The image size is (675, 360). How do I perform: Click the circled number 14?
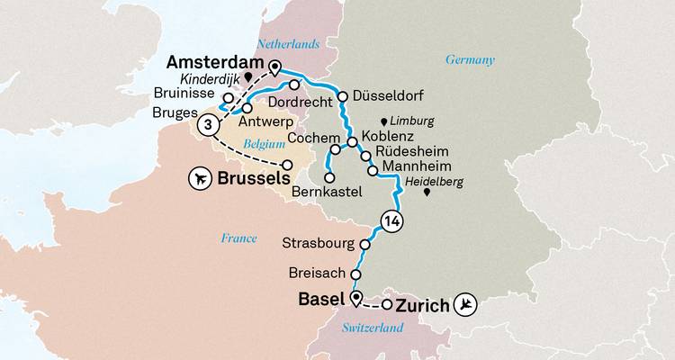pyautogui.click(x=391, y=221)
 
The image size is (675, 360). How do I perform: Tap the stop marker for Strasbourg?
pyautogui.click(x=365, y=245)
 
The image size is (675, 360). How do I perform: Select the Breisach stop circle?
pyautogui.click(x=356, y=274)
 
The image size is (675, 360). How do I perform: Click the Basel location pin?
pyautogui.click(x=356, y=300)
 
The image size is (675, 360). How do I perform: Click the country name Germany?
pyautogui.click(x=470, y=60)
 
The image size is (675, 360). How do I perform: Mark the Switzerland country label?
pyautogui.click(x=373, y=332)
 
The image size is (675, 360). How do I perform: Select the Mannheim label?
pyautogui.click(x=415, y=168)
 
